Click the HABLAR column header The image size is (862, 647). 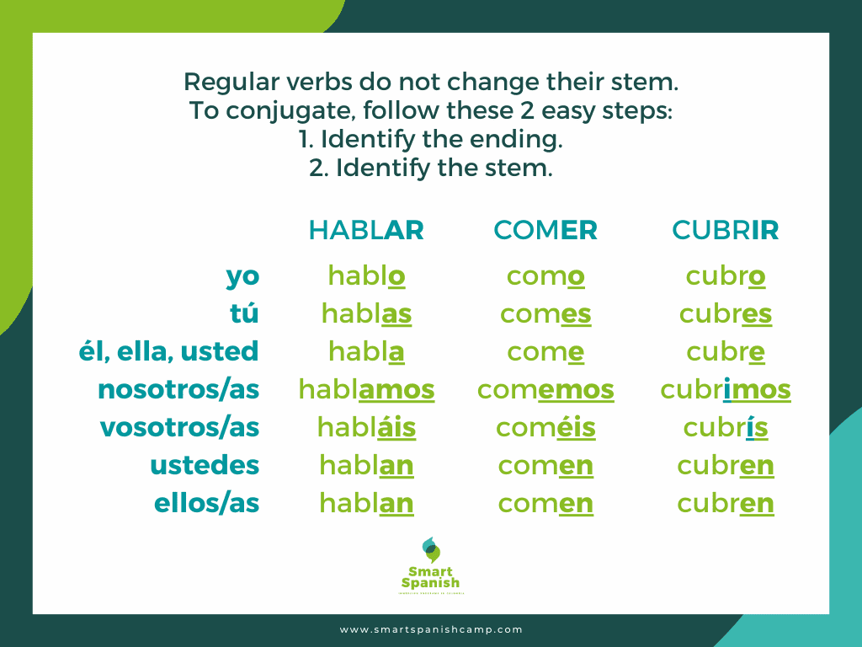[x=365, y=230]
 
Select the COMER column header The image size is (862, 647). [x=545, y=230]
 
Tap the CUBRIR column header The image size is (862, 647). [x=725, y=230]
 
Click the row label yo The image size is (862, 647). [x=242, y=276]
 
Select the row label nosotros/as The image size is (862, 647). [x=178, y=390]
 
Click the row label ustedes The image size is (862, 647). [x=205, y=465]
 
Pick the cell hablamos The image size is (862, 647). [x=366, y=390]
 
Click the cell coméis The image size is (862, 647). [x=545, y=428]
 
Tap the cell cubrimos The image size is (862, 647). [x=726, y=390]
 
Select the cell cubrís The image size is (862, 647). [x=726, y=428]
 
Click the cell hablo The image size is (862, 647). [x=366, y=276]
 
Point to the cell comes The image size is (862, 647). [x=545, y=314]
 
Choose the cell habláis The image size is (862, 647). [x=366, y=428]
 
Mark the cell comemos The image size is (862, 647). [x=545, y=390]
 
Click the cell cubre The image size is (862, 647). [x=726, y=352]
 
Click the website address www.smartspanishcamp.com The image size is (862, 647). [x=431, y=629]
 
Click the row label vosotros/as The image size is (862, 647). [x=179, y=428]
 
